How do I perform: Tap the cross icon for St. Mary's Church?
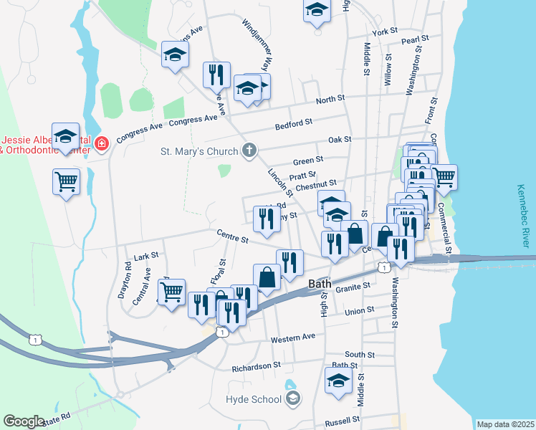pyautogui.click(x=249, y=150)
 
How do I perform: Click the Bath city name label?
pyautogui.click(x=320, y=284)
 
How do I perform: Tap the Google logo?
pyautogui.click(x=24, y=421)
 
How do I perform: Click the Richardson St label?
pyautogui.click(x=256, y=367)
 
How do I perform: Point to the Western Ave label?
pyautogui.click(x=293, y=336)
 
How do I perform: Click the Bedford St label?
pyautogui.click(x=294, y=126)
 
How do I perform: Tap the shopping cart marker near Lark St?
pyautogui.click(x=171, y=292)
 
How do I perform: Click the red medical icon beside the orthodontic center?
pyautogui.click(x=102, y=143)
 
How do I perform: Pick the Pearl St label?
pyautogui.click(x=415, y=39)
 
